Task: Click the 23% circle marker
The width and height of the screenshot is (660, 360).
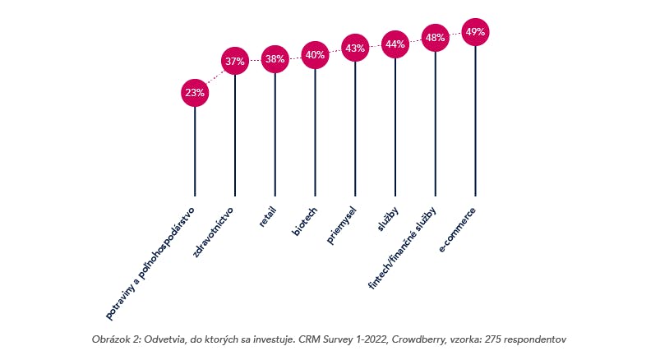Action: (195, 93)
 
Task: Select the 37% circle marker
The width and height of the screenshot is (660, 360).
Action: (235, 61)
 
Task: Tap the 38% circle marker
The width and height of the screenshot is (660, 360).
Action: (275, 59)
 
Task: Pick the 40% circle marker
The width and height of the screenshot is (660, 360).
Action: (315, 55)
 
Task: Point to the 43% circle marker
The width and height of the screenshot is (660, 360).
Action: (355, 48)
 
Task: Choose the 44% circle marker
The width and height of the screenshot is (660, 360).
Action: (395, 44)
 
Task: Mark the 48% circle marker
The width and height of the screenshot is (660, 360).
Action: (436, 37)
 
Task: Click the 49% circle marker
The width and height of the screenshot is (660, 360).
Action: (475, 32)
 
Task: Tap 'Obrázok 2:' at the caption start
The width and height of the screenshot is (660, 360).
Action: (118, 338)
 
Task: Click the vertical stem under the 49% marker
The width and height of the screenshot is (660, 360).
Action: (475, 123)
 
